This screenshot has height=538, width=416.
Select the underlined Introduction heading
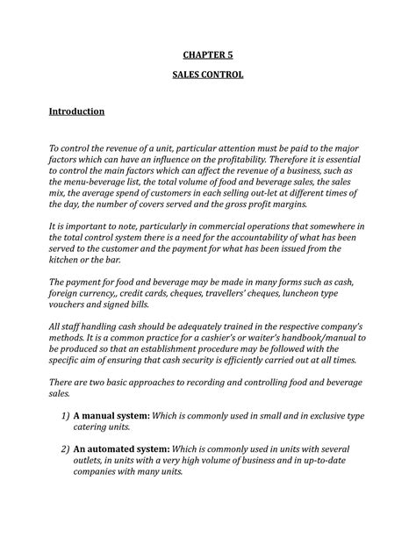(x=76, y=112)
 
